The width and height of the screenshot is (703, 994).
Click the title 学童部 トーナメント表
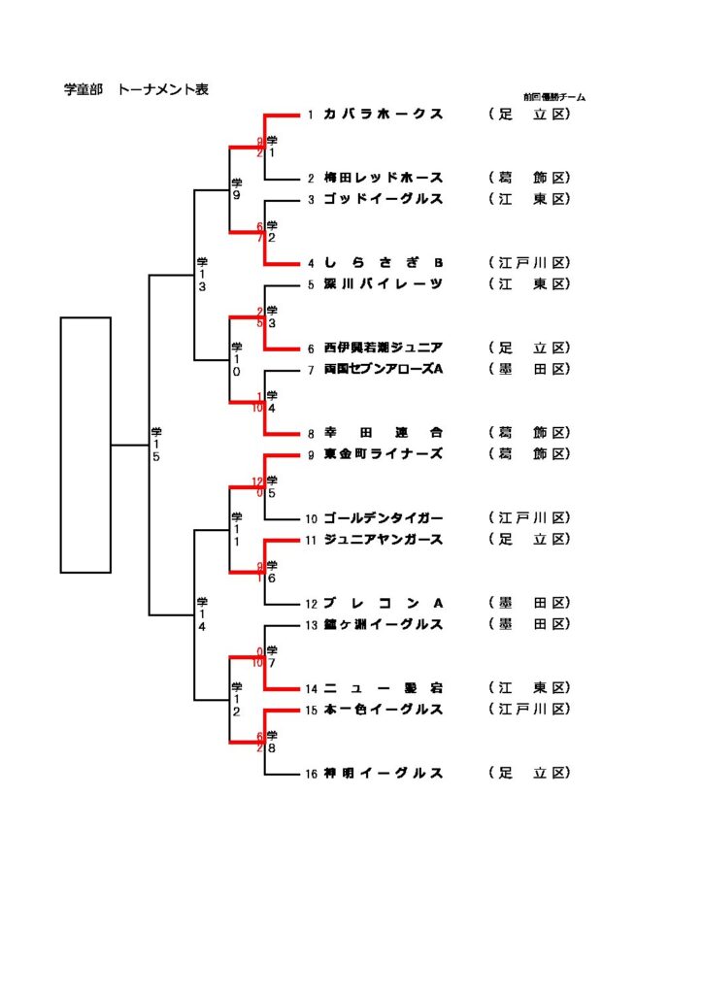[136, 90]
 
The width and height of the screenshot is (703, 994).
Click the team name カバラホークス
[384, 115]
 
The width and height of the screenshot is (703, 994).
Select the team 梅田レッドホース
[384, 179]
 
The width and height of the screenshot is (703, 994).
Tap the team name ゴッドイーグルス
[384, 200]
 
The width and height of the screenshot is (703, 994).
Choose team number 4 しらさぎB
[384, 263]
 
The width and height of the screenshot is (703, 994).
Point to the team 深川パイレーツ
[384, 284]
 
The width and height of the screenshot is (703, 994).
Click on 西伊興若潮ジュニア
[384, 348]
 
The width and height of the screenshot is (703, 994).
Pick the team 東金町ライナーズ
[384, 454]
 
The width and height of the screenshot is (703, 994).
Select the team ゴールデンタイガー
[384, 518]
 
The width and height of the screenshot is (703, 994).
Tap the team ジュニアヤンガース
[384, 540]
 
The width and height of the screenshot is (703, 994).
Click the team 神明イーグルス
[384, 774]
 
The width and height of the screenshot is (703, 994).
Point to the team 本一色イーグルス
[384, 710]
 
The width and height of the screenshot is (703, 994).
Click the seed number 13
[311, 624]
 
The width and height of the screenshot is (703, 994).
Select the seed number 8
[311, 433]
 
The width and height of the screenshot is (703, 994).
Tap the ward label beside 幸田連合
[529, 433]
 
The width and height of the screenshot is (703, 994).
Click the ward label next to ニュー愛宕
[529, 688]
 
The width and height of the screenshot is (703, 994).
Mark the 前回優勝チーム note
[553, 97]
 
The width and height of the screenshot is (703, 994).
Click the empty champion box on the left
[85, 445]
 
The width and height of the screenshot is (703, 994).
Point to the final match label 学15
[156, 444]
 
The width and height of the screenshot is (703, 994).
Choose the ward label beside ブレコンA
[529, 603]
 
